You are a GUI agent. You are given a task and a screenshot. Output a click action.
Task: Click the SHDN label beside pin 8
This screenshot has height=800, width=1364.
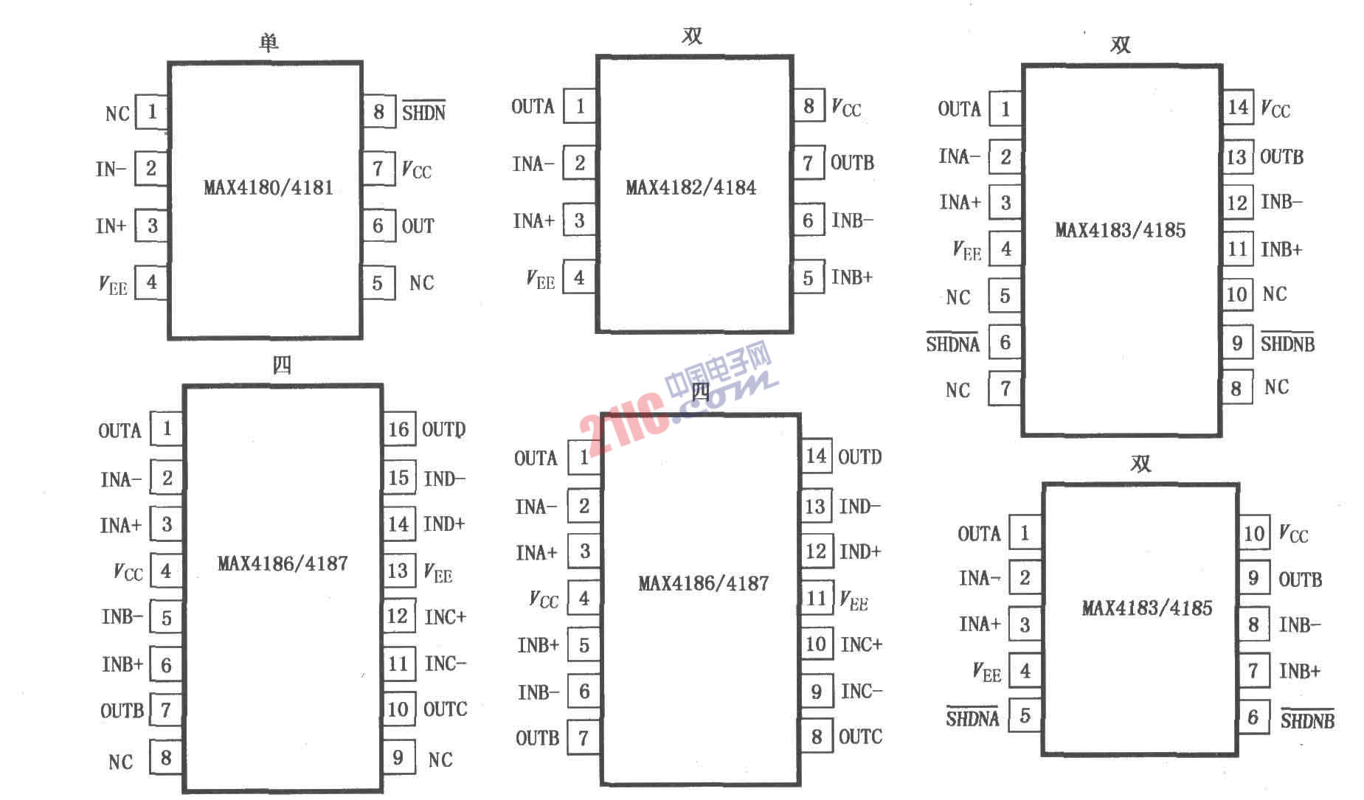pos(423,111)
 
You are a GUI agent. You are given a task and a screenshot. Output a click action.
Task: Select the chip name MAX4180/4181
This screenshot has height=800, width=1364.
pos(269,187)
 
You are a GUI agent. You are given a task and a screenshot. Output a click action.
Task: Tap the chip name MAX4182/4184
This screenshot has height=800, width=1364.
pos(691,187)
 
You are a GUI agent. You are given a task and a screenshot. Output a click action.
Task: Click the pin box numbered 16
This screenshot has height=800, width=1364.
pos(398,429)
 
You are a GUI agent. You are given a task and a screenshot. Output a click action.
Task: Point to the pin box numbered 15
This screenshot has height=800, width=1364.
pos(398,478)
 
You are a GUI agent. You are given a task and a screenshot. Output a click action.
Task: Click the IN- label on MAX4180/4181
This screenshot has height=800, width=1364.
pos(111,169)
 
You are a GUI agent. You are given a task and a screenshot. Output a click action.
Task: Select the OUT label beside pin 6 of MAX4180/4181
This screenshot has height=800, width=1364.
pos(418,226)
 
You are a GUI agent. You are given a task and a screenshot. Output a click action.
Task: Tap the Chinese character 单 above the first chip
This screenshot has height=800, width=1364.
pos(269,42)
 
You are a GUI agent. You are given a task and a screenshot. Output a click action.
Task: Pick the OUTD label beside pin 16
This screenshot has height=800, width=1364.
pos(443,429)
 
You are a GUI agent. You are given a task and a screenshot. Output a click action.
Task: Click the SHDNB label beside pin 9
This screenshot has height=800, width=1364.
pos(1287,343)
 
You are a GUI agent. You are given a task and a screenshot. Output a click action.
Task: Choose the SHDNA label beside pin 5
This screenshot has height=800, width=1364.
pos(972,717)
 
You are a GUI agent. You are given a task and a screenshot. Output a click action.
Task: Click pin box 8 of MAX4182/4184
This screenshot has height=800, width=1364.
pos(809,106)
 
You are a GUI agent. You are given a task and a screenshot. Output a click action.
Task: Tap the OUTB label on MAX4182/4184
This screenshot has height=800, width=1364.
pos(852,162)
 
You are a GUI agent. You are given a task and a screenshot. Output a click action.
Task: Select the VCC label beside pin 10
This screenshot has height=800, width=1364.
pos(1293,533)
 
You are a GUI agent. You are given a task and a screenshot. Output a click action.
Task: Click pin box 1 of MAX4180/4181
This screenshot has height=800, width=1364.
pos(151,111)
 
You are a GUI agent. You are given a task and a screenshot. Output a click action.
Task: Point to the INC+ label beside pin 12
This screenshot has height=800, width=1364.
pos(445,616)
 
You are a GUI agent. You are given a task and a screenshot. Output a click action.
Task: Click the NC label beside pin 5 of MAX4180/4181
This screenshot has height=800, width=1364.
pos(421,283)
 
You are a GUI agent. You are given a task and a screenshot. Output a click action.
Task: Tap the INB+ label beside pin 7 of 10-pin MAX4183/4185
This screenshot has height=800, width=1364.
pos(1299,671)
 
